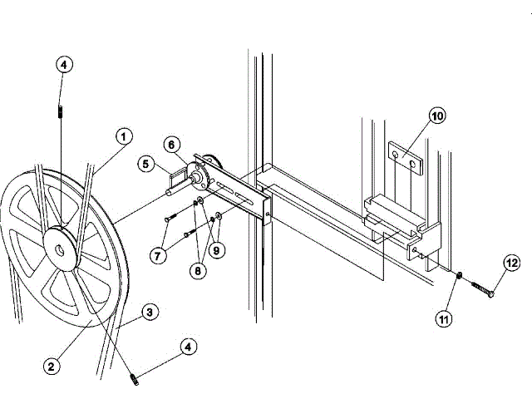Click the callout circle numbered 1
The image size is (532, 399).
point(122,135)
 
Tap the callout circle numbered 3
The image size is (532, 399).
point(149,313)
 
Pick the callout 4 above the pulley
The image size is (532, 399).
point(65,65)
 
